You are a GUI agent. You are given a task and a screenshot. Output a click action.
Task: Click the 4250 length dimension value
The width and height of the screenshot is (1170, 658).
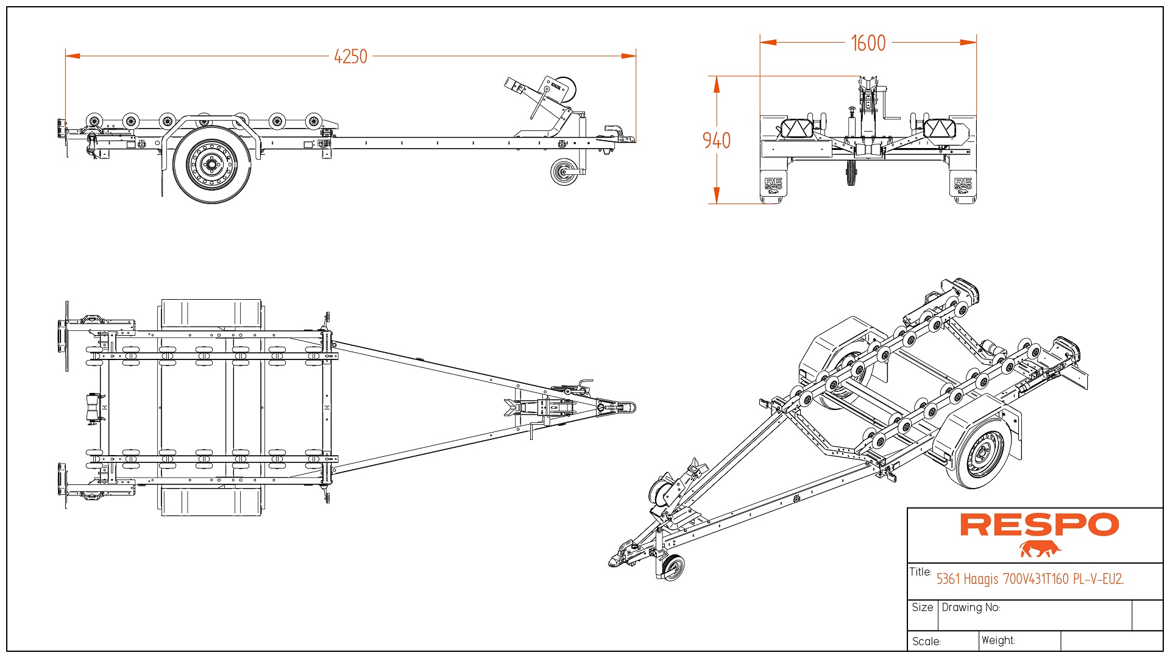(x=350, y=57)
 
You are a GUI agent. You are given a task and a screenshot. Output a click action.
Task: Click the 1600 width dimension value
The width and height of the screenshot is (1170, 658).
(x=868, y=43)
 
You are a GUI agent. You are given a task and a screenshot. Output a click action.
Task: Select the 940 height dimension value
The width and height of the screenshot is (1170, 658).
(x=717, y=141)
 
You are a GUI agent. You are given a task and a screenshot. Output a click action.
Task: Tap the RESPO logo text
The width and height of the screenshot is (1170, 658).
(x=1039, y=525)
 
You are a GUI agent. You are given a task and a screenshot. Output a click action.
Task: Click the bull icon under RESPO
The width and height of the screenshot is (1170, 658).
(x=1040, y=549)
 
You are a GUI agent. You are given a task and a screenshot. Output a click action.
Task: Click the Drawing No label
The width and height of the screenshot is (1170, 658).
(x=971, y=607)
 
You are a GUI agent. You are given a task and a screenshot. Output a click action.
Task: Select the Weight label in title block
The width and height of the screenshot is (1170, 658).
(x=998, y=640)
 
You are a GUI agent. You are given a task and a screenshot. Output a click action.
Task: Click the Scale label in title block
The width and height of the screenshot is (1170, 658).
(x=926, y=642)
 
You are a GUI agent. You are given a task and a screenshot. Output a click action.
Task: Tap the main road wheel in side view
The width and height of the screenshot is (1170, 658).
(x=211, y=164)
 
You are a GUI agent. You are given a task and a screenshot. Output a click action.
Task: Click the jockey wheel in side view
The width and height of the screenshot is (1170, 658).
(x=564, y=172)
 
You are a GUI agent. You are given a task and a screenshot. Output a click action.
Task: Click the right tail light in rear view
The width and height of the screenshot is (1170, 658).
(x=939, y=129)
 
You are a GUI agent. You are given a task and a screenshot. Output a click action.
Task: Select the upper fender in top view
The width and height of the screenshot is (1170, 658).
(x=211, y=314)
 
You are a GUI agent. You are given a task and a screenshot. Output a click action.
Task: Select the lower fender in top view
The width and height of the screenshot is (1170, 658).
(x=211, y=501)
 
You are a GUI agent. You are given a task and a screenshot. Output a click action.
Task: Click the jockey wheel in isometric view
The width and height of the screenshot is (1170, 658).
(x=673, y=568)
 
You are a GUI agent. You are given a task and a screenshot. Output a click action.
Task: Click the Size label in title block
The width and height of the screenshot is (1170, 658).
(x=922, y=607)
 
